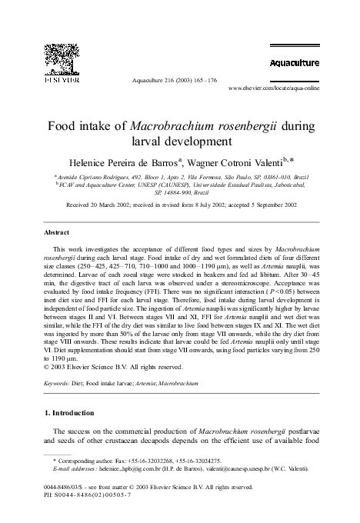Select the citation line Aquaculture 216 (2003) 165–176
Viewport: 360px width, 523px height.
(x=175, y=79)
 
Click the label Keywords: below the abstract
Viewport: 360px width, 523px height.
(x=57, y=381)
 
